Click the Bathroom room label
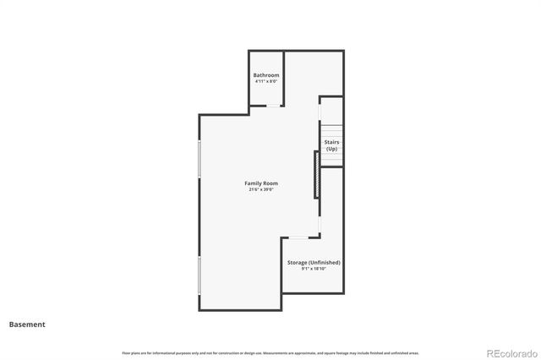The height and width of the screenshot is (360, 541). (265, 75)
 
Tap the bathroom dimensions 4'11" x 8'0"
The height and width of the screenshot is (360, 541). (265, 82)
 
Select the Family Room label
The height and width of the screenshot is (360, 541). (261, 183)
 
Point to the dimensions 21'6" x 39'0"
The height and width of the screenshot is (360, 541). (261, 190)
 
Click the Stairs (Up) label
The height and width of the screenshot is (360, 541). (331, 145)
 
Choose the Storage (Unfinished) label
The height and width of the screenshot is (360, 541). (313, 262)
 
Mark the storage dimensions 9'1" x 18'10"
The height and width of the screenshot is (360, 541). (313, 269)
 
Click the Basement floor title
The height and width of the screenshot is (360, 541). (27, 324)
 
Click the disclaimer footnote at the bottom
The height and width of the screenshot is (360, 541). (270, 352)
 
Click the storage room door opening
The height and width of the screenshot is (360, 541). (298, 237)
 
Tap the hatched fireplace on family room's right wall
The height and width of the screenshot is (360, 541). (317, 175)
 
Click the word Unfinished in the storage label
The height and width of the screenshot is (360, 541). (323, 262)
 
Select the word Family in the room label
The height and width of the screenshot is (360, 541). (253, 183)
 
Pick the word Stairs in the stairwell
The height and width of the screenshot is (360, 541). (331, 142)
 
